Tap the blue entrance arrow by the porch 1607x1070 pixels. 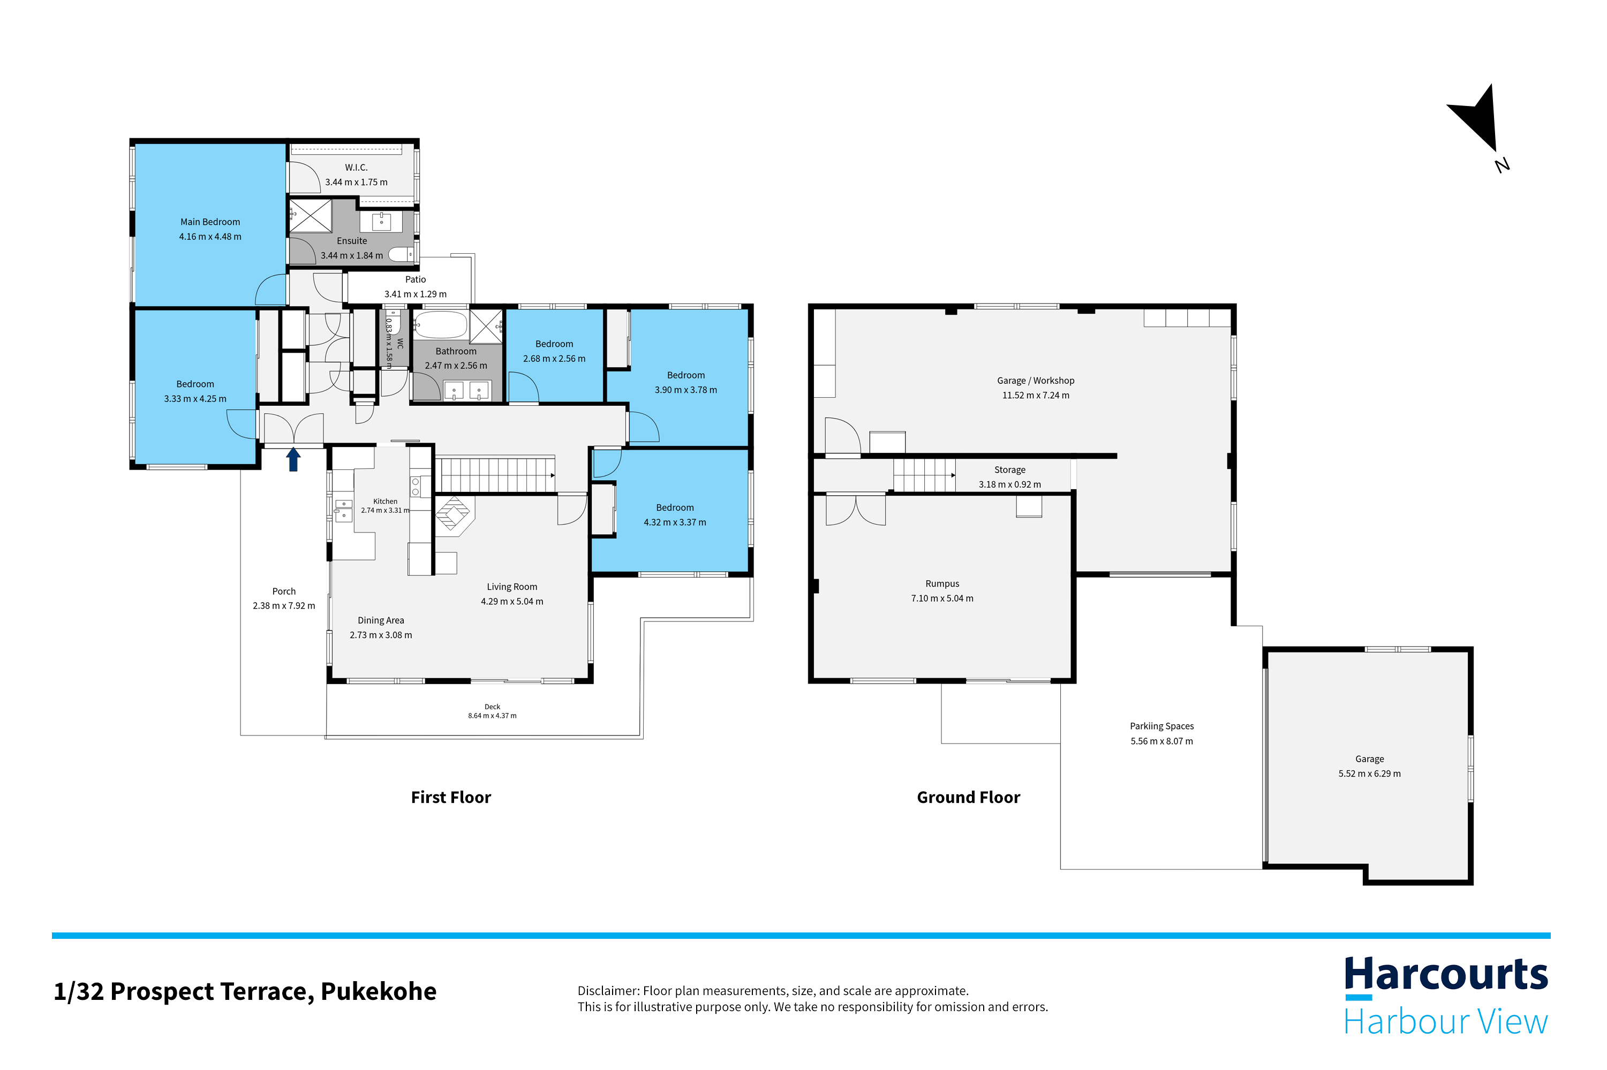tap(293, 459)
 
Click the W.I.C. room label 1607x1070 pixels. tap(356, 167)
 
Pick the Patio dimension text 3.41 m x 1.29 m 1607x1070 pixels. tap(415, 294)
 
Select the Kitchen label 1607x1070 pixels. tap(385, 501)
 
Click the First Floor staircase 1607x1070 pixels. tap(495, 474)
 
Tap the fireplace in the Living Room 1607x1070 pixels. tap(454, 513)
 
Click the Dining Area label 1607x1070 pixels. tap(380, 620)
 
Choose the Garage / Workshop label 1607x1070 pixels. tap(1035, 381)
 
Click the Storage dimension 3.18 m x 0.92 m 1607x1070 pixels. tap(1010, 484)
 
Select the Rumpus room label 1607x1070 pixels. tap(942, 583)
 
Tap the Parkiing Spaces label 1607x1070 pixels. tap(1161, 726)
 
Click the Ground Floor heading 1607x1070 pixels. tap(968, 797)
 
